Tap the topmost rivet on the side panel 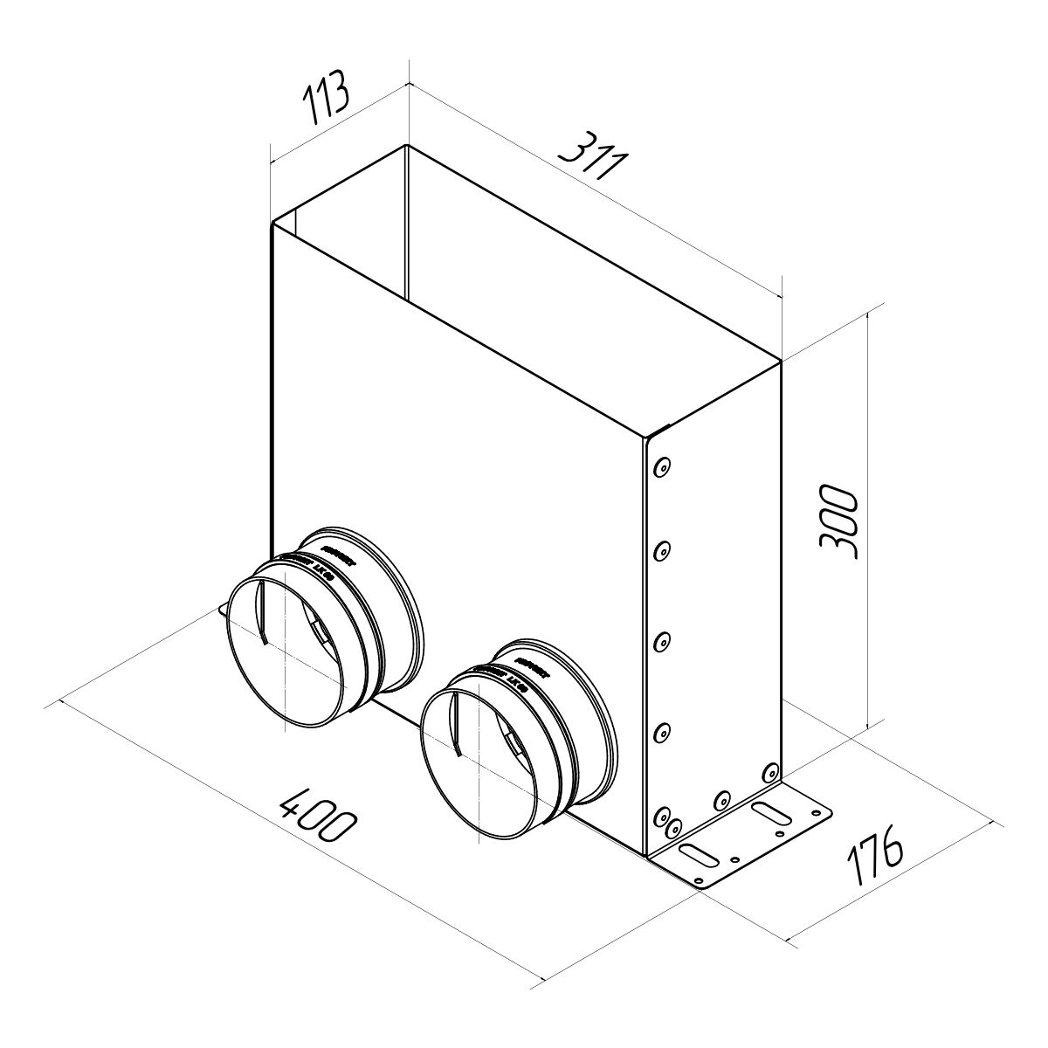click(661, 467)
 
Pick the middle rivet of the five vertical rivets click(663, 641)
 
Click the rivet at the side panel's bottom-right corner click(769, 772)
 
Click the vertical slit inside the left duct click(260, 617)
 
